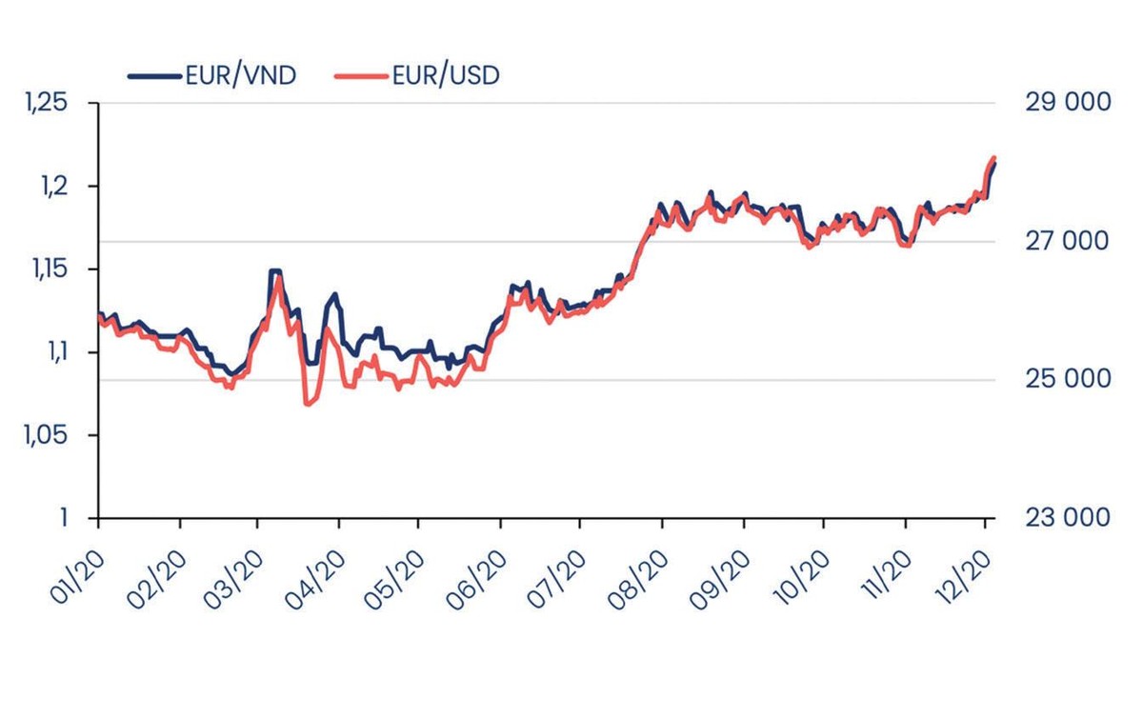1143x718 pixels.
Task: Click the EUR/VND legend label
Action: pos(241,75)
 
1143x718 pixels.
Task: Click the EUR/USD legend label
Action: pos(446,75)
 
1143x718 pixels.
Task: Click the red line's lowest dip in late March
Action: pos(307,405)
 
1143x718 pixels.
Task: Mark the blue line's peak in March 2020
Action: pos(274,271)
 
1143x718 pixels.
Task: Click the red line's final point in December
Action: pos(993,158)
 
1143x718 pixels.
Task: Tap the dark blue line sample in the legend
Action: pos(155,75)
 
